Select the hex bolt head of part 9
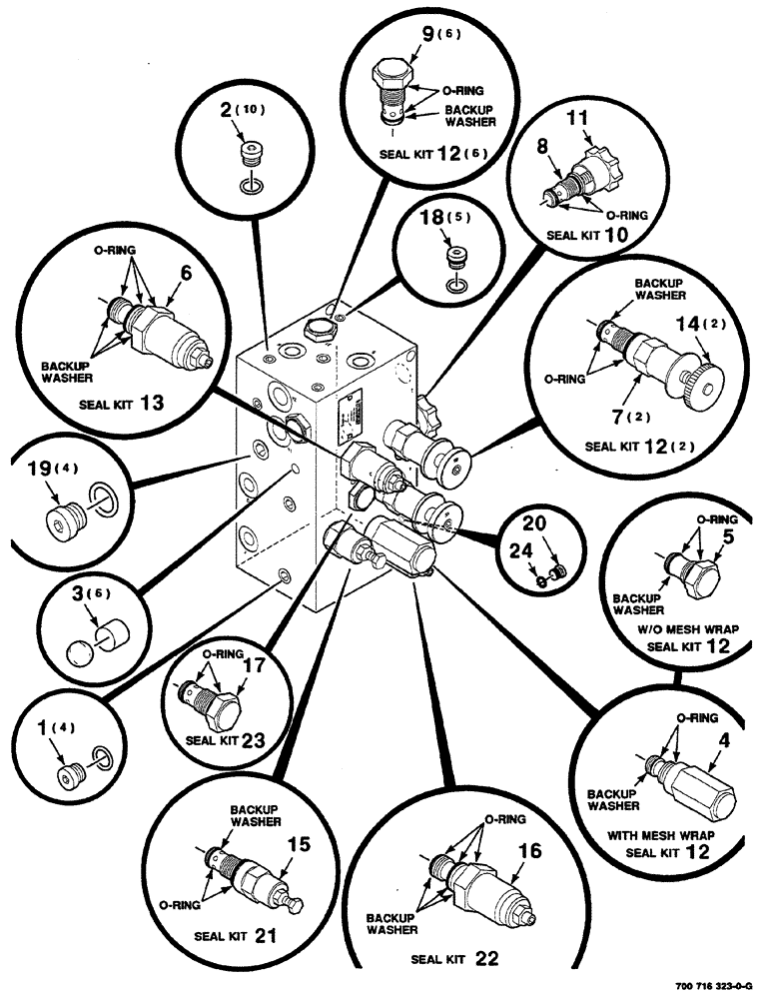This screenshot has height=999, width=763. point(389,76)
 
